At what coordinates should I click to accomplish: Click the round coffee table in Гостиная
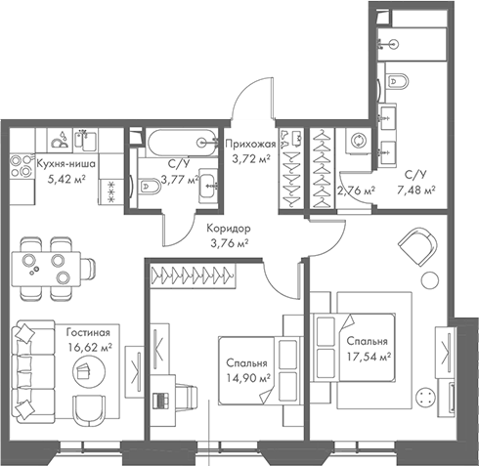(x=83, y=369)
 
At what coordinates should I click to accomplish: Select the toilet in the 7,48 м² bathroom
(x=397, y=84)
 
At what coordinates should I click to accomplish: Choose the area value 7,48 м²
(x=420, y=191)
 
